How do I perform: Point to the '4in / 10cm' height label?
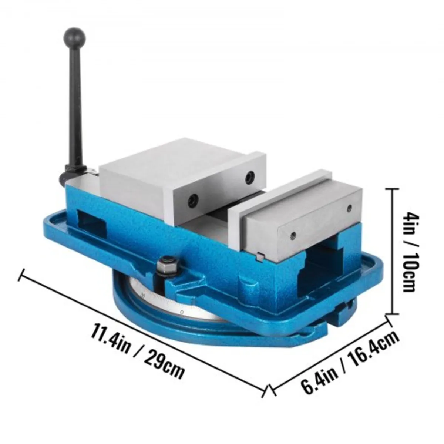(408, 251)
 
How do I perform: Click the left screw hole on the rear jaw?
(192, 200)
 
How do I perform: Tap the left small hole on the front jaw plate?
(293, 233)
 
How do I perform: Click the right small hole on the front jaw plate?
(349, 209)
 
